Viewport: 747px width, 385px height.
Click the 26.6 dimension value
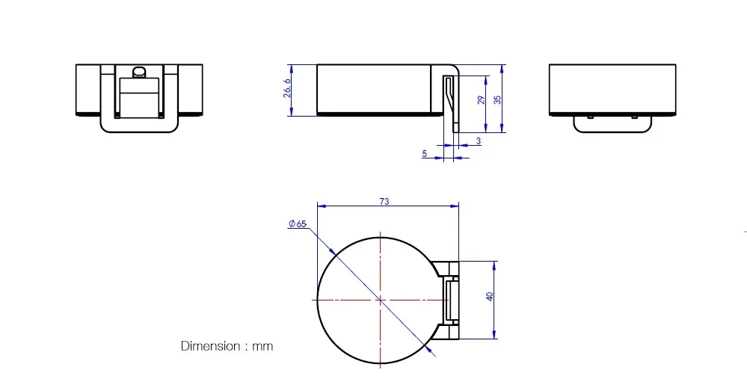pyautogui.click(x=287, y=88)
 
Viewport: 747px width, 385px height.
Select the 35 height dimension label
pyautogui.click(x=497, y=99)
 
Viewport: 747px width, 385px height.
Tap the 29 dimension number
pyautogui.click(x=481, y=99)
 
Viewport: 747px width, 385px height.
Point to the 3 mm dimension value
pyautogui.click(x=479, y=141)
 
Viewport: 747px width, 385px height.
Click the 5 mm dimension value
pyautogui.click(x=425, y=154)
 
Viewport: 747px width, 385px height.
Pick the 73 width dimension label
pyautogui.click(x=384, y=202)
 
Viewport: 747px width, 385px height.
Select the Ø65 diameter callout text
pyautogui.click(x=298, y=224)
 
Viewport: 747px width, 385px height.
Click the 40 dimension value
pyautogui.click(x=490, y=296)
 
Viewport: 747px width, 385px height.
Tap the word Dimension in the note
pyautogui.click(x=211, y=346)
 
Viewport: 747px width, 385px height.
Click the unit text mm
pyautogui.click(x=262, y=346)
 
